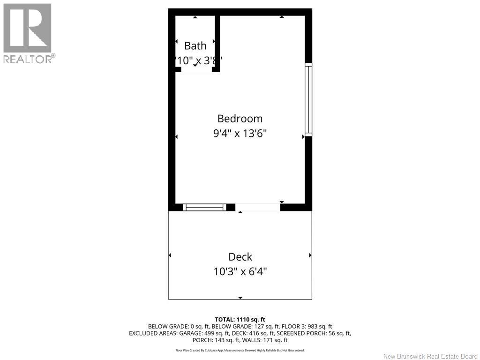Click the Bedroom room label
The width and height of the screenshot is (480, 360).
(x=240, y=119)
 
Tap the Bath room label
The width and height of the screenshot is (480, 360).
(x=195, y=46)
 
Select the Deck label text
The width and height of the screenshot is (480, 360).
(x=240, y=257)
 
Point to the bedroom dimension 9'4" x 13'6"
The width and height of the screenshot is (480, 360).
(x=240, y=134)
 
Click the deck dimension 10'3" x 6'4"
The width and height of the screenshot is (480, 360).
(x=240, y=271)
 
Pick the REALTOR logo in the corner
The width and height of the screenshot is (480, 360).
(x=28, y=33)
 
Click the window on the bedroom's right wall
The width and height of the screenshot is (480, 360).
(x=308, y=99)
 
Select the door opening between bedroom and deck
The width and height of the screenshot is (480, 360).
(x=258, y=207)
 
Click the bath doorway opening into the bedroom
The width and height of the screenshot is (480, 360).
(x=195, y=70)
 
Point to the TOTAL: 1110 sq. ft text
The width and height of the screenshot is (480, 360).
(x=240, y=319)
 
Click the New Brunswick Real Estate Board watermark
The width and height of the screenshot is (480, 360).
(x=430, y=356)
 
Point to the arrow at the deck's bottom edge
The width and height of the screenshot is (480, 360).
(x=240, y=298)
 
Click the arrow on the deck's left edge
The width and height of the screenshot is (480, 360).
(x=170, y=255)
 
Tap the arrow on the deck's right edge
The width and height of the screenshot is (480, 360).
(x=310, y=255)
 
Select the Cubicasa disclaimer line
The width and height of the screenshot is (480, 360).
(x=240, y=350)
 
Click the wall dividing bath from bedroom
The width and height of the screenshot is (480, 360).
(x=217, y=42)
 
